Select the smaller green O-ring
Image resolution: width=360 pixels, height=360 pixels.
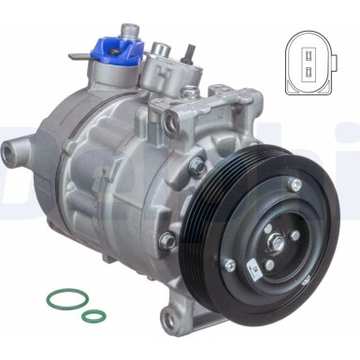click(94, 316)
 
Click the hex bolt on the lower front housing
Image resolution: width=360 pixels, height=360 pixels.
click(168, 240)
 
